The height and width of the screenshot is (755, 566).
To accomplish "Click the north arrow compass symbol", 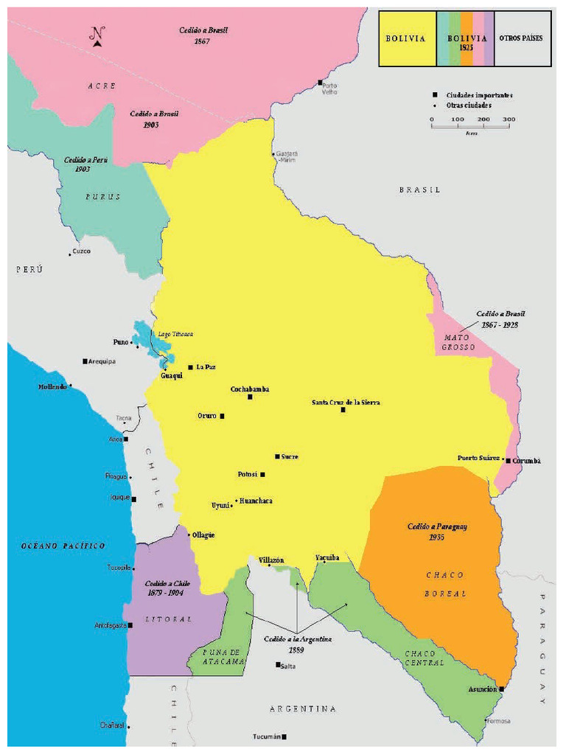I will pyautogui.click(x=97, y=36).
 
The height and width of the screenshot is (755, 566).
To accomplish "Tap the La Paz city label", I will pyautogui.click(x=206, y=366).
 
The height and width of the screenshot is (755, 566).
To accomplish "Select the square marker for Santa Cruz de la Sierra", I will pyautogui.click(x=343, y=409).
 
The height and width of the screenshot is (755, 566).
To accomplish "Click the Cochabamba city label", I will pyautogui.click(x=250, y=389).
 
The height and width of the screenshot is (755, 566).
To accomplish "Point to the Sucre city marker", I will pyautogui.click(x=278, y=456).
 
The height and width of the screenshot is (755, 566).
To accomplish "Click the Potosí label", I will pyautogui.click(x=246, y=474).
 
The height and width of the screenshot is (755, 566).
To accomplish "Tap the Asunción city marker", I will pyautogui.click(x=502, y=689).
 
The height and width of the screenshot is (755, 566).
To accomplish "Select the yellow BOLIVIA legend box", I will pyautogui.click(x=407, y=38).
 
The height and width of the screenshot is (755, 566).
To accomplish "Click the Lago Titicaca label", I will pyautogui.click(x=174, y=334).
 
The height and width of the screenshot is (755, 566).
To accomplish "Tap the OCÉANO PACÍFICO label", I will pyautogui.click(x=63, y=546).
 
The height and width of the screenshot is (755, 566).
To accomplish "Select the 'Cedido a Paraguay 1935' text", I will pyautogui.click(x=438, y=532).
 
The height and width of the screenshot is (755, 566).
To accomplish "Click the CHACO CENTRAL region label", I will pyautogui.click(x=424, y=658).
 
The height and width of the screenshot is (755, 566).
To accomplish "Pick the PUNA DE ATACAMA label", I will pyautogui.click(x=215, y=657).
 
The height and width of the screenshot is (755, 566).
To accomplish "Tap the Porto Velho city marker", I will pyautogui.click(x=320, y=82).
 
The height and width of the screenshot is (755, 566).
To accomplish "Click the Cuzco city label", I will pyautogui.click(x=82, y=251).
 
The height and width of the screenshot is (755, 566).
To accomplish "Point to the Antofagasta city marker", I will pyautogui.click(x=130, y=625).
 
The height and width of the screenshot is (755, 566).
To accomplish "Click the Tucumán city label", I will pyautogui.click(x=266, y=737).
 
